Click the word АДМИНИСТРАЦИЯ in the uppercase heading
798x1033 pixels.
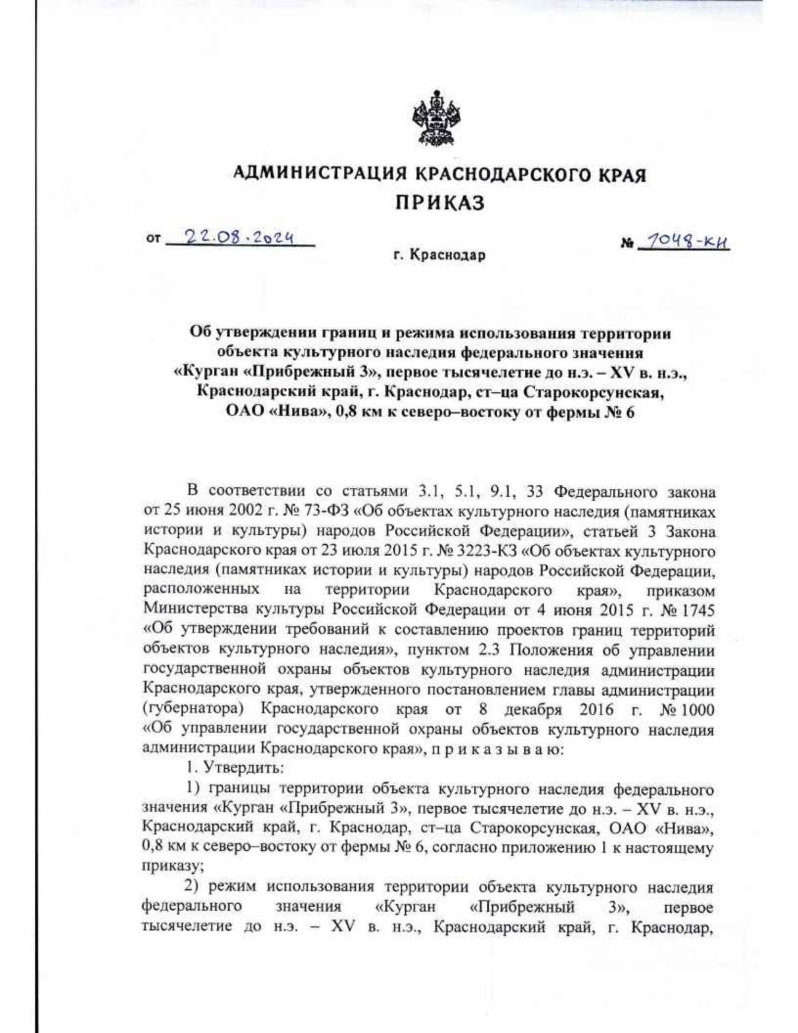(x=322, y=175)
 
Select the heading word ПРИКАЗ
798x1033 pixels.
(x=440, y=203)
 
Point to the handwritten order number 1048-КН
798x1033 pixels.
(x=684, y=243)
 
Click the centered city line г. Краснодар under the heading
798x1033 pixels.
(x=440, y=255)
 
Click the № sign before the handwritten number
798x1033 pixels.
(x=626, y=245)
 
